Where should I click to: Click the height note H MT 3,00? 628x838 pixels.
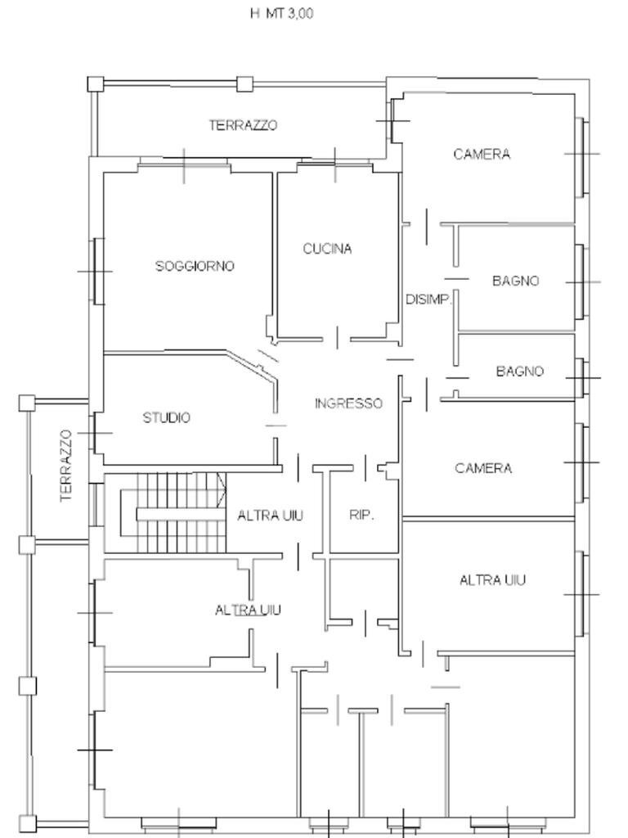(281, 14)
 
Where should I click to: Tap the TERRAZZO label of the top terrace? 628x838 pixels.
(243, 125)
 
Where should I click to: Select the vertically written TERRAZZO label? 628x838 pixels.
(66, 466)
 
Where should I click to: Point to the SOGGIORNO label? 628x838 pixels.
(195, 266)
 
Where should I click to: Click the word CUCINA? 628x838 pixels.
(327, 249)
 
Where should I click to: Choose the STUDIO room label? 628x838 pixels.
(167, 418)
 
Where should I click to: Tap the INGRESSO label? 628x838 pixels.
(348, 403)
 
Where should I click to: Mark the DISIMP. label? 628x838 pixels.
(428, 300)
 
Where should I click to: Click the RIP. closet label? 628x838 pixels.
(361, 516)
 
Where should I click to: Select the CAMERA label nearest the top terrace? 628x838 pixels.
(482, 154)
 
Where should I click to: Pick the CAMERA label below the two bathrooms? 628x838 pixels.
(483, 468)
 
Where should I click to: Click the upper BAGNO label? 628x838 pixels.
(515, 281)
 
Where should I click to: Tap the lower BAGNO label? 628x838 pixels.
(519, 372)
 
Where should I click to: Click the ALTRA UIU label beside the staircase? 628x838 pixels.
(271, 516)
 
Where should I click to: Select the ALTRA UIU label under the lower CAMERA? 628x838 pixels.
(492, 580)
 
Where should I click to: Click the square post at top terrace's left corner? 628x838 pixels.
(95, 83)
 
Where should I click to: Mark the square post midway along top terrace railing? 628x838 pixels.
(243, 83)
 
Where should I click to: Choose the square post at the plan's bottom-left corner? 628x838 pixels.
(29, 824)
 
